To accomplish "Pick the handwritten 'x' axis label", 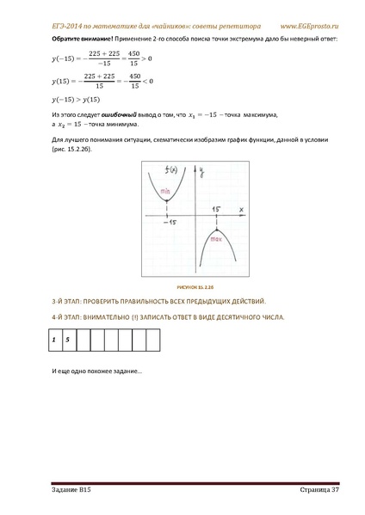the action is pos(241,208).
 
